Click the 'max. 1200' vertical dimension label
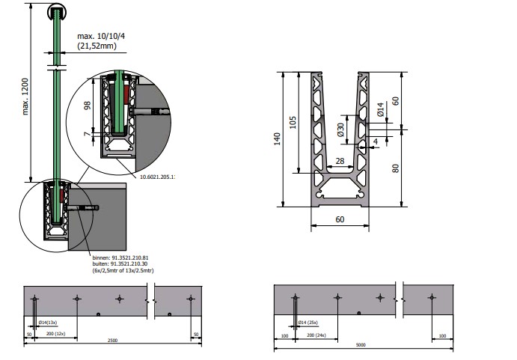[x=27, y=98]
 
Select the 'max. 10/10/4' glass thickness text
[x=101, y=36]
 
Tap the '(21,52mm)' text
[x=98, y=46]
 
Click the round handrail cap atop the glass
[x=57, y=11]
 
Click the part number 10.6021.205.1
[x=157, y=177]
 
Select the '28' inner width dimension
[x=340, y=161]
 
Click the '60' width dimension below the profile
[x=340, y=219]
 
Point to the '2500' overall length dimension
[x=113, y=341]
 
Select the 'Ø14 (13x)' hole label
[x=49, y=323]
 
